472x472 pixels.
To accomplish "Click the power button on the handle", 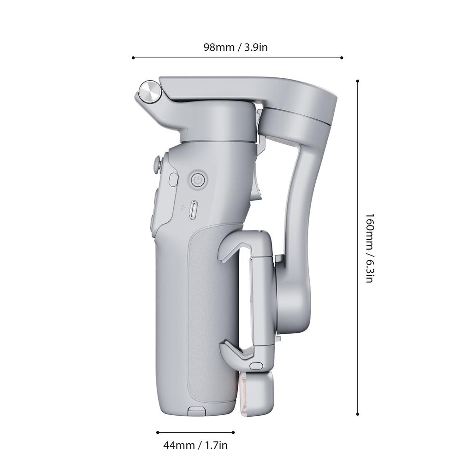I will [197, 180].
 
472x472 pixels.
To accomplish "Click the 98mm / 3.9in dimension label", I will [236, 47].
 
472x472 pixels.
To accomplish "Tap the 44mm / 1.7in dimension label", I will [195, 445].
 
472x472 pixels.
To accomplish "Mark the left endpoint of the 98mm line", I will [133, 58].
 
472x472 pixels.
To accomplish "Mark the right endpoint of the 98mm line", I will [342, 58].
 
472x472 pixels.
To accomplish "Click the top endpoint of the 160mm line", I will [358, 81].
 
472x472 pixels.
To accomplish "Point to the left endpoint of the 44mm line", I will [158, 432].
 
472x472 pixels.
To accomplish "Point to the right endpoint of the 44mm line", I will [234, 432].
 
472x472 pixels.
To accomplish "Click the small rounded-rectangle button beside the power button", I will [173, 179].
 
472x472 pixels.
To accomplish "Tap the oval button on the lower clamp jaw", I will [254, 366].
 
